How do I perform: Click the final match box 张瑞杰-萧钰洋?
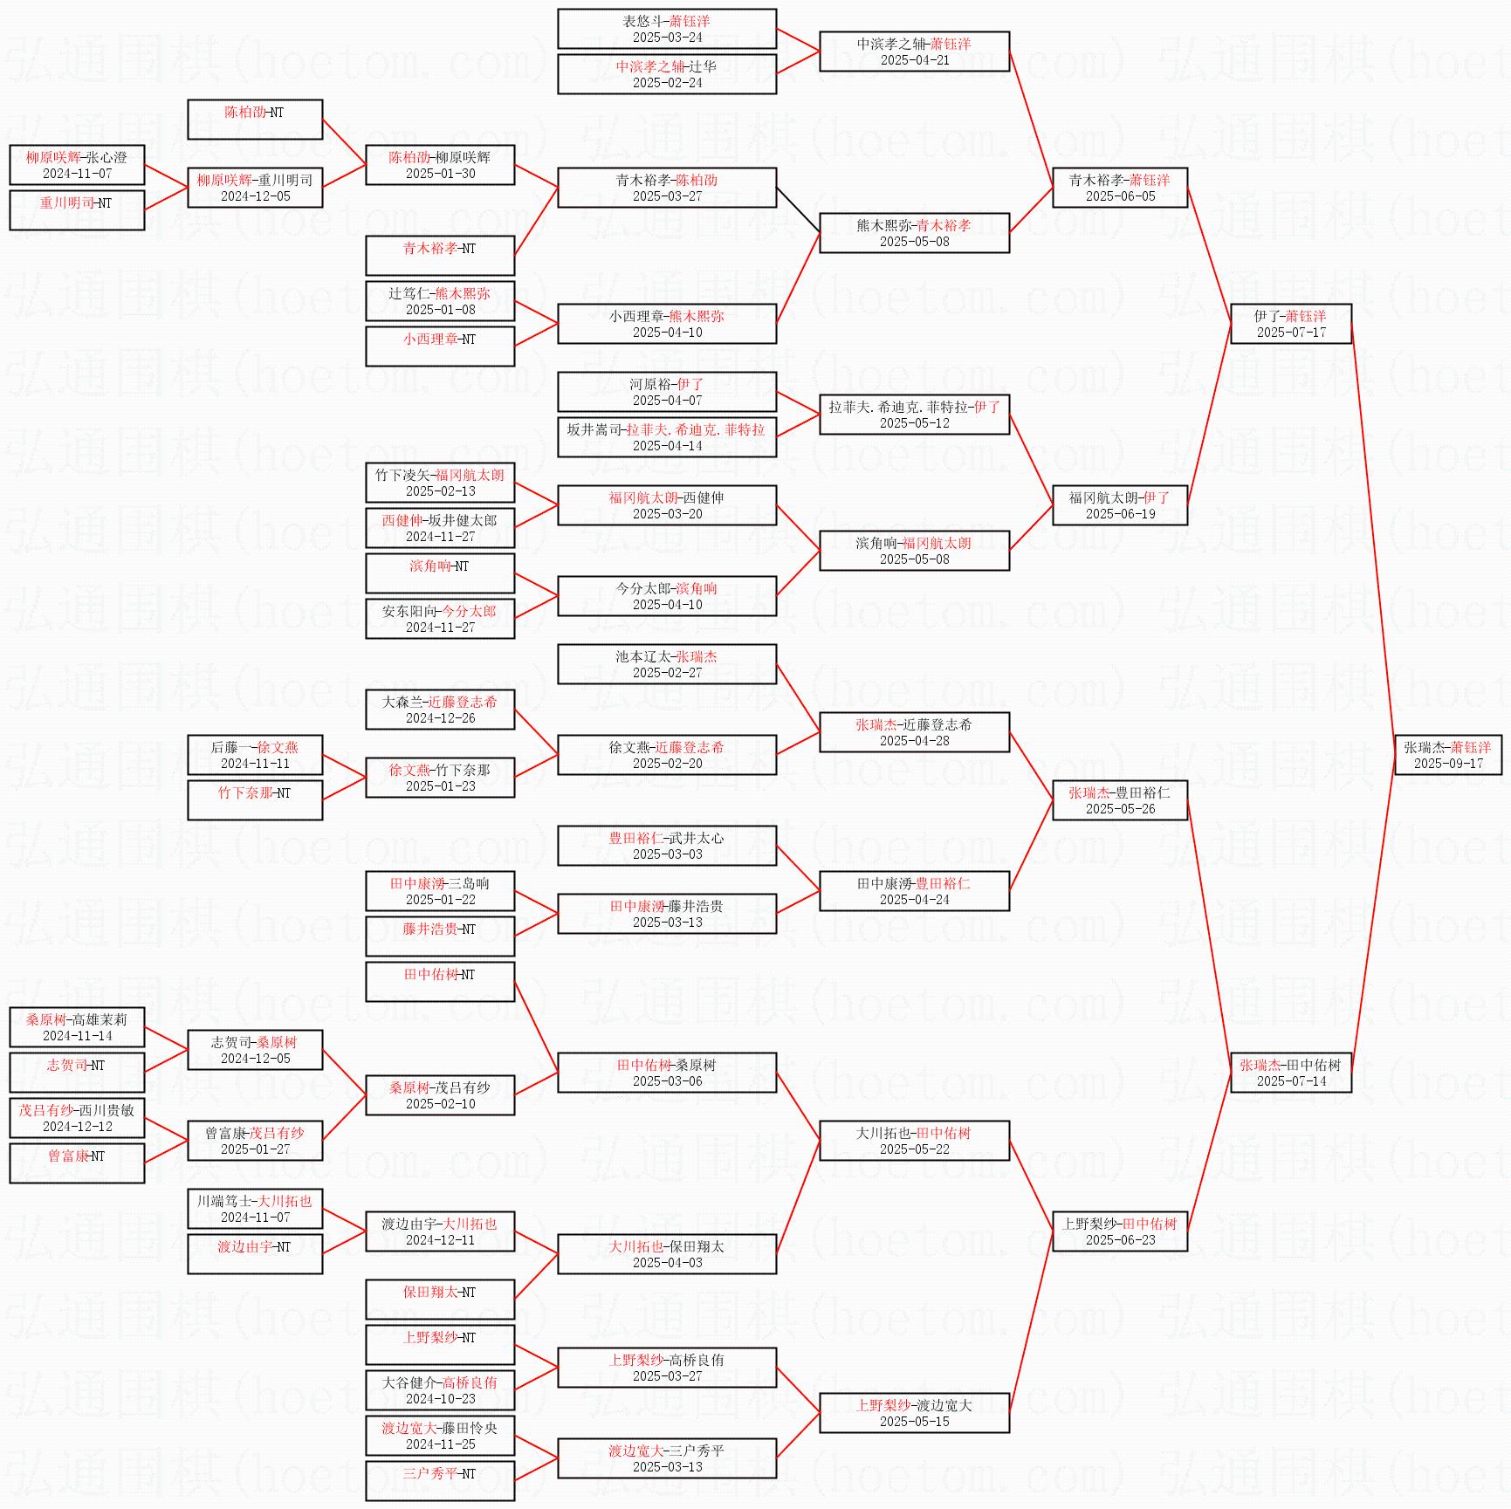click(x=1447, y=755)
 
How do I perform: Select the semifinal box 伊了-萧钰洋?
click(x=1290, y=324)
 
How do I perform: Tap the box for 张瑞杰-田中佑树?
click(x=1290, y=1073)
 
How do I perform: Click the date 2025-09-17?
click(x=1447, y=764)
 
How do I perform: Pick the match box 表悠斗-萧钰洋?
click(x=667, y=29)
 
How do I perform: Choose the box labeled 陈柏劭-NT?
click(x=255, y=120)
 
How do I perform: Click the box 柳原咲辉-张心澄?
click(x=77, y=165)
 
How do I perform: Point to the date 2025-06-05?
click(x=1120, y=196)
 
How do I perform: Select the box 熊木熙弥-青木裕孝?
click(x=914, y=233)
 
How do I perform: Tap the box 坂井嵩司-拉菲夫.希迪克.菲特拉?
click(x=667, y=437)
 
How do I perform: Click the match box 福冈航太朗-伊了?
click(x=1120, y=505)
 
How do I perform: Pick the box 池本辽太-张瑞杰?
click(x=667, y=664)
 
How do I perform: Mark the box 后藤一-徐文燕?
click(x=255, y=755)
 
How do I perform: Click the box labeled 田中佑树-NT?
click(x=440, y=982)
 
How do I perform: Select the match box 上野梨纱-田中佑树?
click(x=1120, y=1231)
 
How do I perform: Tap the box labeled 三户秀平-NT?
click(x=440, y=1481)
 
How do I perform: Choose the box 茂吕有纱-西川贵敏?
click(x=77, y=1118)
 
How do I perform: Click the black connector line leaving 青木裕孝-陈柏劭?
click(x=798, y=210)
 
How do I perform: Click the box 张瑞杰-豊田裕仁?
click(x=1120, y=800)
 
